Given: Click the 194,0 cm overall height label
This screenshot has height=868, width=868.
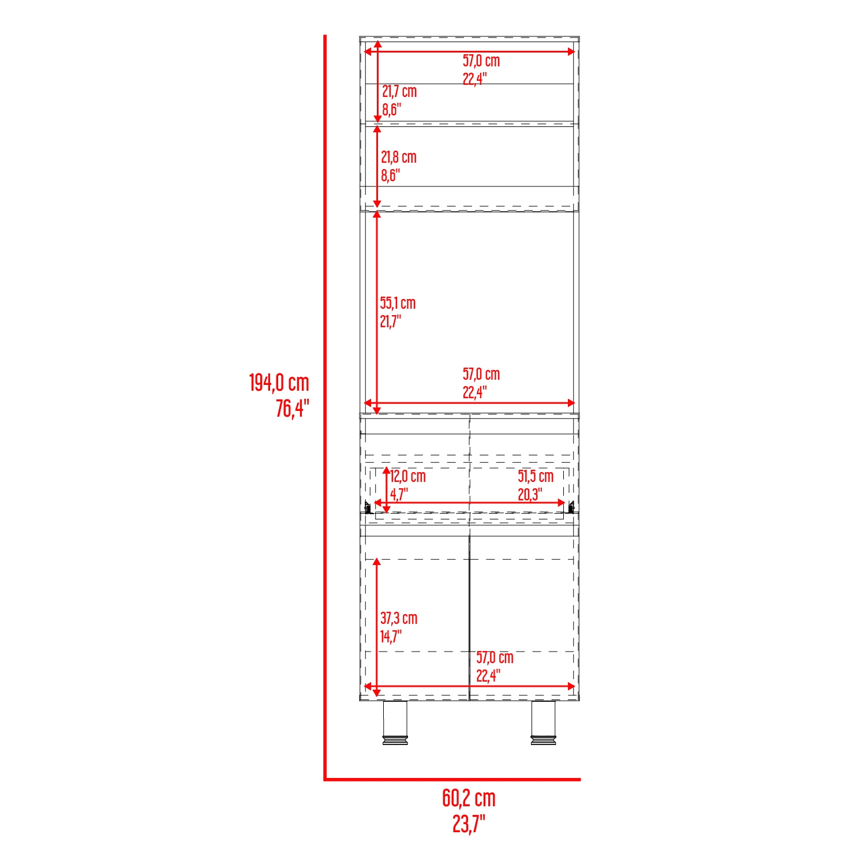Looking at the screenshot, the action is [x=279, y=383].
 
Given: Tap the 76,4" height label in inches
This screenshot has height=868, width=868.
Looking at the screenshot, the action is [x=292, y=408].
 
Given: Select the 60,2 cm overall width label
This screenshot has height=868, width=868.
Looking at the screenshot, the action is [x=469, y=798].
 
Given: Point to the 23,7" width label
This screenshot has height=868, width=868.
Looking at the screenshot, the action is [x=469, y=824].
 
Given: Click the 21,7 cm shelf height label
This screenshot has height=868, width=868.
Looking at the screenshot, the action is [x=399, y=91].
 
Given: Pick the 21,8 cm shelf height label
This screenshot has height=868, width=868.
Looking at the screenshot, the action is [x=398, y=157].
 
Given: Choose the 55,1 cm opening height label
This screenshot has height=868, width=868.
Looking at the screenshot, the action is [x=398, y=303].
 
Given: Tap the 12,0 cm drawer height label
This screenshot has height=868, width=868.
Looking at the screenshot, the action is [x=408, y=476].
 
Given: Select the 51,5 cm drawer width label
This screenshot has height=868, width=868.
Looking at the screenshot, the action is [x=536, y=476].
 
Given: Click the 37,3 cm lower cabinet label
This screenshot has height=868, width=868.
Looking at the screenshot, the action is [x=399, y=618].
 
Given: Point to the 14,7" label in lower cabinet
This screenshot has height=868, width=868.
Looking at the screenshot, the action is [x=391, y=637].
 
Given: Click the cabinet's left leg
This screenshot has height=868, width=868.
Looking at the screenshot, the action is [x=395, y=723].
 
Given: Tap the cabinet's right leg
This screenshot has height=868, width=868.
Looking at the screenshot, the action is [x=543, y=723].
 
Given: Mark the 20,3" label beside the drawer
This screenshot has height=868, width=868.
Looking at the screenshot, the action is [x=530, y=495].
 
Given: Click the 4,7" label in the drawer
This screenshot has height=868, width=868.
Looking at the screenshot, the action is [x=399, y=495].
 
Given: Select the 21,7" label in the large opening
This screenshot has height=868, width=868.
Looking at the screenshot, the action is [x=390, y=321].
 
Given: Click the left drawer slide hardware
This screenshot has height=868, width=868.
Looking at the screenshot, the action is [x=368, y=507].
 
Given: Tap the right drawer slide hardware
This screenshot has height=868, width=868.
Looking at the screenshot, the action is [x=571, y=507].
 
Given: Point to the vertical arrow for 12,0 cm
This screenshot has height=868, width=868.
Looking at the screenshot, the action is [x=387, y=491].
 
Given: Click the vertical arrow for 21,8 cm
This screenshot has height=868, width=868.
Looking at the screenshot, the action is [x=377, y=166].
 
